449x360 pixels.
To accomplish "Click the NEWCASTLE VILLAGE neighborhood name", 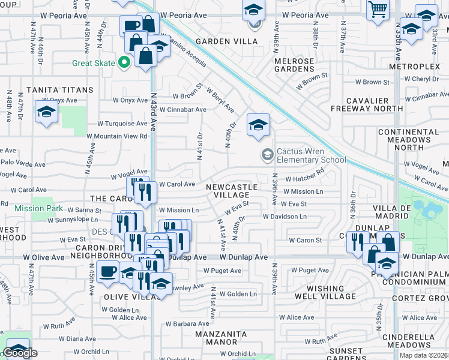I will (x=232, y=191).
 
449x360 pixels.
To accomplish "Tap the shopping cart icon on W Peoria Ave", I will (x=378, y=9).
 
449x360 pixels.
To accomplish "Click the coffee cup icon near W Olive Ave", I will (x=108, y=271).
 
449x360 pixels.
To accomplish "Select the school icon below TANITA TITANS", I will (x=46, y=112).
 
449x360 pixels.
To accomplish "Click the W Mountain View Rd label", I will (x=117, y=136).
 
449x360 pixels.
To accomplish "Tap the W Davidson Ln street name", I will (x=284, y=216).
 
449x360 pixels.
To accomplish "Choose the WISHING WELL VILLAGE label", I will (x=331, y=292).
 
